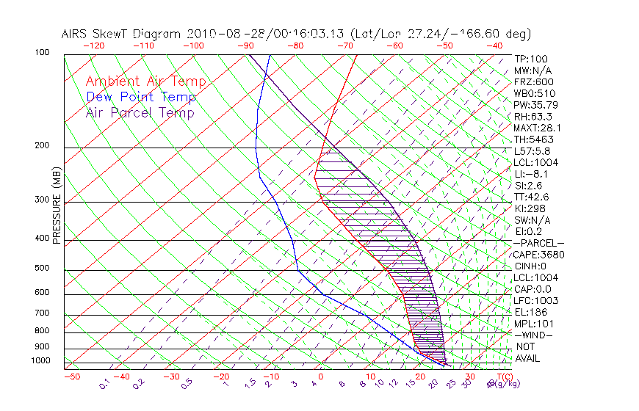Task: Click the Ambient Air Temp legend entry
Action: [x=145, y=81]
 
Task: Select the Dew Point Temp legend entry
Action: [x=141, y=97]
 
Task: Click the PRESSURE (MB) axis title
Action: [x=57, y=206]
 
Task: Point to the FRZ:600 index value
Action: [x=534, y=81]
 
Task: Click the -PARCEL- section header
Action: [x=538, y=243]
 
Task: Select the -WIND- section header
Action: [x=533, y=335]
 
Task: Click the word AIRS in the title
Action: [x=75, y=34]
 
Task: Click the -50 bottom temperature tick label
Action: [x=71, y=377]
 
